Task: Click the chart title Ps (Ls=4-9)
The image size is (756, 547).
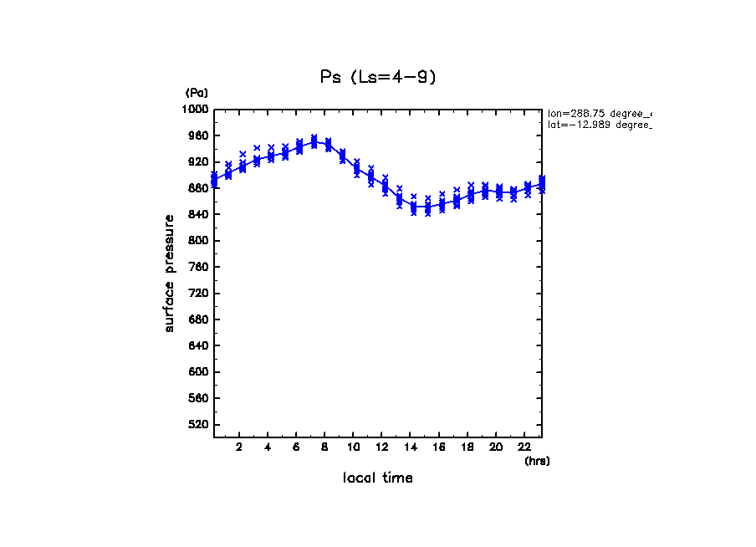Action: (x=378, y=77)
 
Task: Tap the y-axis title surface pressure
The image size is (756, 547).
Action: (x=170, y=273)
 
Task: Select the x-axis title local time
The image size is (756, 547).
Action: (x=377, y=478)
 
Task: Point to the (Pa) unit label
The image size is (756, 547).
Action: (x=197, y=93)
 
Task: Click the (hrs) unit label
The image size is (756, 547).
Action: (x=537, y=461)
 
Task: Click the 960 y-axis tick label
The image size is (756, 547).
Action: (x=198, y=135)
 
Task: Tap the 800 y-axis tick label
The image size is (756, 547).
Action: (x=198, y=241)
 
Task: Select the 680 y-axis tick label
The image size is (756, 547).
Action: (x=198, y=320)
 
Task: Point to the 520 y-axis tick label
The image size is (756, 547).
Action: (x=198, y=425)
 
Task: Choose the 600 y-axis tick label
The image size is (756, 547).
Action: (x=198, y=372)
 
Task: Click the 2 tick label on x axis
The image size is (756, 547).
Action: (x=239, y=447)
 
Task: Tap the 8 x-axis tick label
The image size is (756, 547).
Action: (x=324, y=447)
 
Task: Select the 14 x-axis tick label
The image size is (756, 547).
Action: (x=411, y=447)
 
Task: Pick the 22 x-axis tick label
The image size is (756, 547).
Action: (x=525, y=447)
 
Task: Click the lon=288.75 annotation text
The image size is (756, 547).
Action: (x=599, y=113)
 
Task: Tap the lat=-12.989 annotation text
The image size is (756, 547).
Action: (x=599, y=125)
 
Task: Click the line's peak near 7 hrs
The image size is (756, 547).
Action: (x=314, y=141)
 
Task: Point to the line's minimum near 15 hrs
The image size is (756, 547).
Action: (x=421, y=208)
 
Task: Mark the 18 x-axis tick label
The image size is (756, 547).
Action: (x=467, y=447)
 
